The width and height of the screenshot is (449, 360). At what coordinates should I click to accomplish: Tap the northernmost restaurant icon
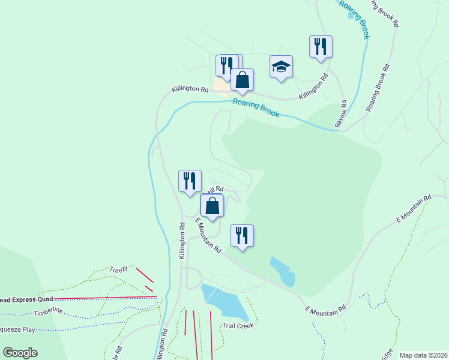tap(321, 46)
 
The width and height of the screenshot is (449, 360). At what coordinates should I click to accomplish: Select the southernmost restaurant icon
tap(242, 235)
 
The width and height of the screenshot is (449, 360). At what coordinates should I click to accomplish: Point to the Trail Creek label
tap(239, 325)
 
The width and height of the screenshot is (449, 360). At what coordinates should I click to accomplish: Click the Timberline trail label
tap(49, 313)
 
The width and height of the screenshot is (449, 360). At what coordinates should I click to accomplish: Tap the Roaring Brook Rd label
tap(378, 88)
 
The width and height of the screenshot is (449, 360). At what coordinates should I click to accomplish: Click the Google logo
tap(20, 353)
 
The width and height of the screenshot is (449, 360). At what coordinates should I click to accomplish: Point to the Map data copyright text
tap(423, 355)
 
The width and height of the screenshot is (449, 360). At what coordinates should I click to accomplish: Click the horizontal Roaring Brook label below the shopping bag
tap(256, 107)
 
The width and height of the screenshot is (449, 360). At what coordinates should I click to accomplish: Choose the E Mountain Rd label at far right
tap(414, 209)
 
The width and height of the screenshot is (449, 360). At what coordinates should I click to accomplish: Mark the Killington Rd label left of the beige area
tap(190, 89)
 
